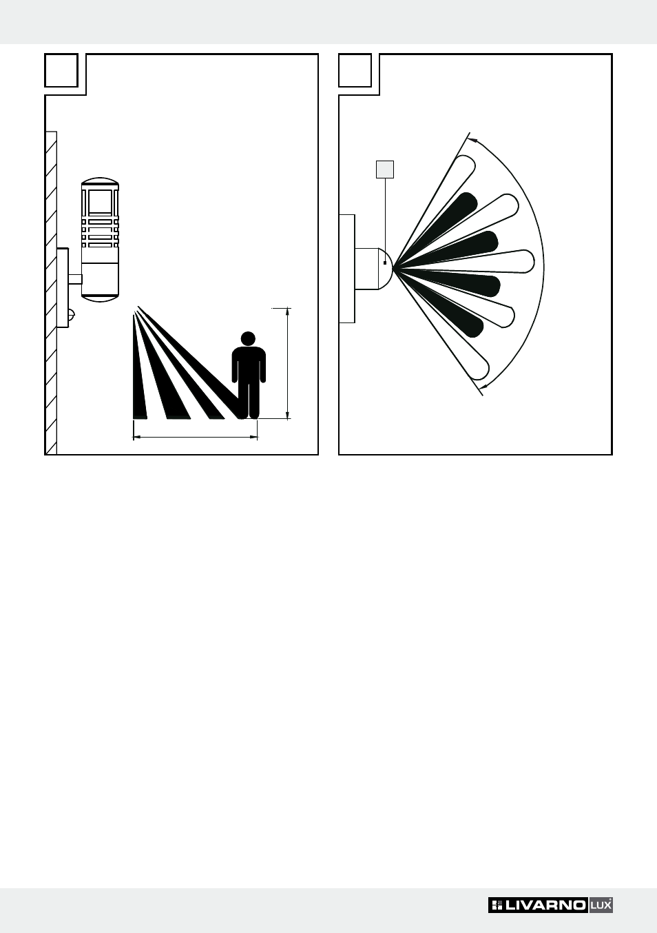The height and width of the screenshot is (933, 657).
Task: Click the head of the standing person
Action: (248, 338)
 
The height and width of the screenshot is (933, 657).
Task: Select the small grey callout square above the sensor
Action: (385, 170)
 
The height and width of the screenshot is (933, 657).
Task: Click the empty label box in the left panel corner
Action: (61, 70)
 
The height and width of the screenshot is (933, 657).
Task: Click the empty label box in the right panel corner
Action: (355, 70)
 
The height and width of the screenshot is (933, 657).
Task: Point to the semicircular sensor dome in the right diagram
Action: (386, 269)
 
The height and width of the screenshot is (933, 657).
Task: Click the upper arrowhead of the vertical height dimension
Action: (287, 312)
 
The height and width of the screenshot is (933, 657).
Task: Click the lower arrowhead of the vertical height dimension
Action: (287, 415)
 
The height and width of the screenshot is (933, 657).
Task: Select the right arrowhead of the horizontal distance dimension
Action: (253, 437)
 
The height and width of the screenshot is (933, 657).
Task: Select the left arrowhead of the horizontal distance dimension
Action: (138, 437)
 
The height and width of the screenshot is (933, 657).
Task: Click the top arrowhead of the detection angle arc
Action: (473, 139)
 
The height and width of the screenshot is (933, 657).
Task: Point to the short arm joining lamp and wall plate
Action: (75, 279)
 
